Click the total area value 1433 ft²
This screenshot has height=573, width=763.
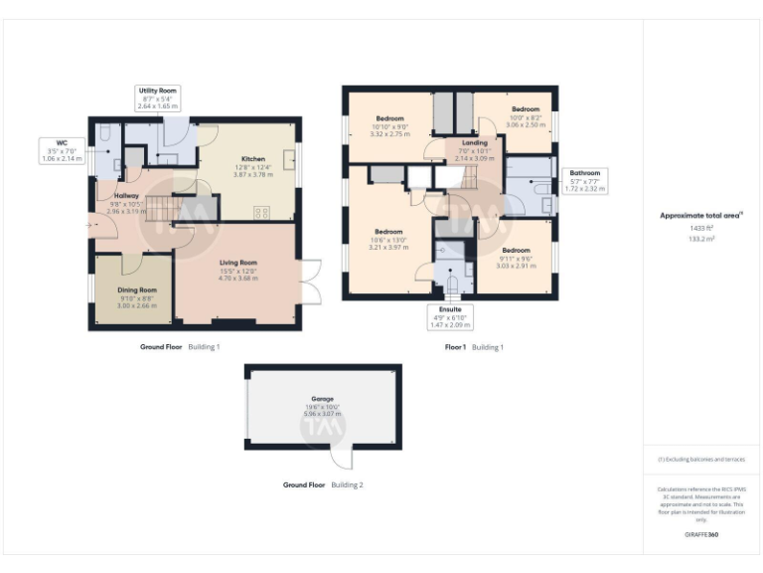(701, 228)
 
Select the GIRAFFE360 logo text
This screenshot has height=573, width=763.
(701, 535)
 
